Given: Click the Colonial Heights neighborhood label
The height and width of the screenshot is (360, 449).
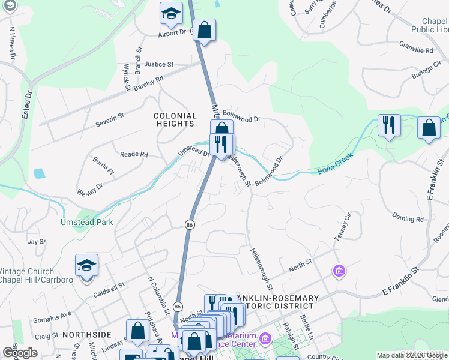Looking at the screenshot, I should (x=175, y=119).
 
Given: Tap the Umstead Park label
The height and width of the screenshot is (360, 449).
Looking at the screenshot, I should (x=86, y=222).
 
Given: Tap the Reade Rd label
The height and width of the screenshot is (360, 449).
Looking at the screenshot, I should (x=134, y=154).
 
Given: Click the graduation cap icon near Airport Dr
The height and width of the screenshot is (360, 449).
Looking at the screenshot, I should (x=170, y=13).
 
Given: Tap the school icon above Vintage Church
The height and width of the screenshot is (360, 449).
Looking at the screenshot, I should (x=86, y=265).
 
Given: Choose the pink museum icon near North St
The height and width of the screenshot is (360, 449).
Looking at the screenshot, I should (x=339, y=271).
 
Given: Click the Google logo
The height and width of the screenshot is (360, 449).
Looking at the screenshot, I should (x=20, y=353).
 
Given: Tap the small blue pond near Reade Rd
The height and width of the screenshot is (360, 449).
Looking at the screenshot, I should (x=39, y=174).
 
